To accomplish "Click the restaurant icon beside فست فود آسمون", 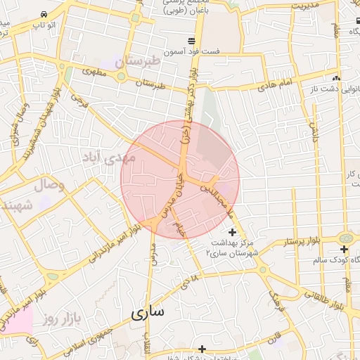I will [x=191, y=40].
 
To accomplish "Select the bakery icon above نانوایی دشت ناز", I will [x=337, y=78].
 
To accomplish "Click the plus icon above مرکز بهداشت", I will [x=233, y=232].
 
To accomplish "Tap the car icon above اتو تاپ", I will [x=44, y=14].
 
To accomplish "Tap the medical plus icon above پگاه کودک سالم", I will [x=344, y=249].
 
